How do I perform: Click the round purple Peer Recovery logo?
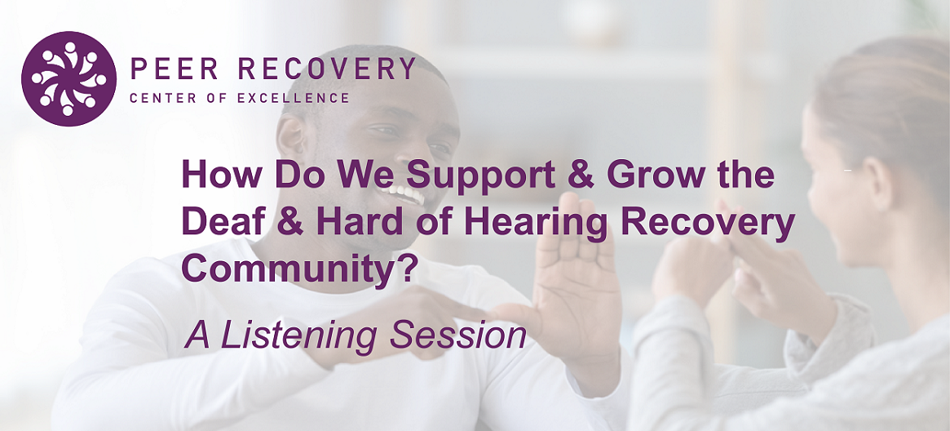(x=68, y=79)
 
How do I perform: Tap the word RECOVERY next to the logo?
(x=326, y=69)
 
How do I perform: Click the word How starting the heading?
(x=223, y=176)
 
